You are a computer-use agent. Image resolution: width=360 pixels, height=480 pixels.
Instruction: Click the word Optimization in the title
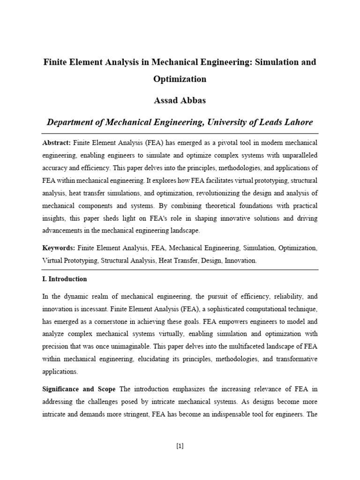[180, 79]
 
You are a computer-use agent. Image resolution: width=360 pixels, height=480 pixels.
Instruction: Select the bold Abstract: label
[57, 142]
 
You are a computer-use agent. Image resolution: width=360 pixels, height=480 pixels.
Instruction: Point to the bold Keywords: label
[59, 247]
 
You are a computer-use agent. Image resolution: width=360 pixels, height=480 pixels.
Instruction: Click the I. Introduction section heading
[64, 279]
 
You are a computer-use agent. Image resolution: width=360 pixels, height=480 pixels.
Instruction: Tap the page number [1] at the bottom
[180, 446]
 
